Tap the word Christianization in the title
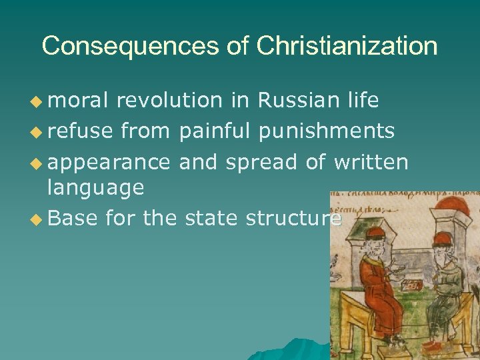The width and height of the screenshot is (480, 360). coord(347,46)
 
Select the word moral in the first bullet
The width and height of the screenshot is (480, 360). coord(77,101)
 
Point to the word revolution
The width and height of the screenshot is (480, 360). coord(169,101)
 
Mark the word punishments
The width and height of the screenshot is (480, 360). coord(327,131)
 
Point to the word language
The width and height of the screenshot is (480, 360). coord(95,188)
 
